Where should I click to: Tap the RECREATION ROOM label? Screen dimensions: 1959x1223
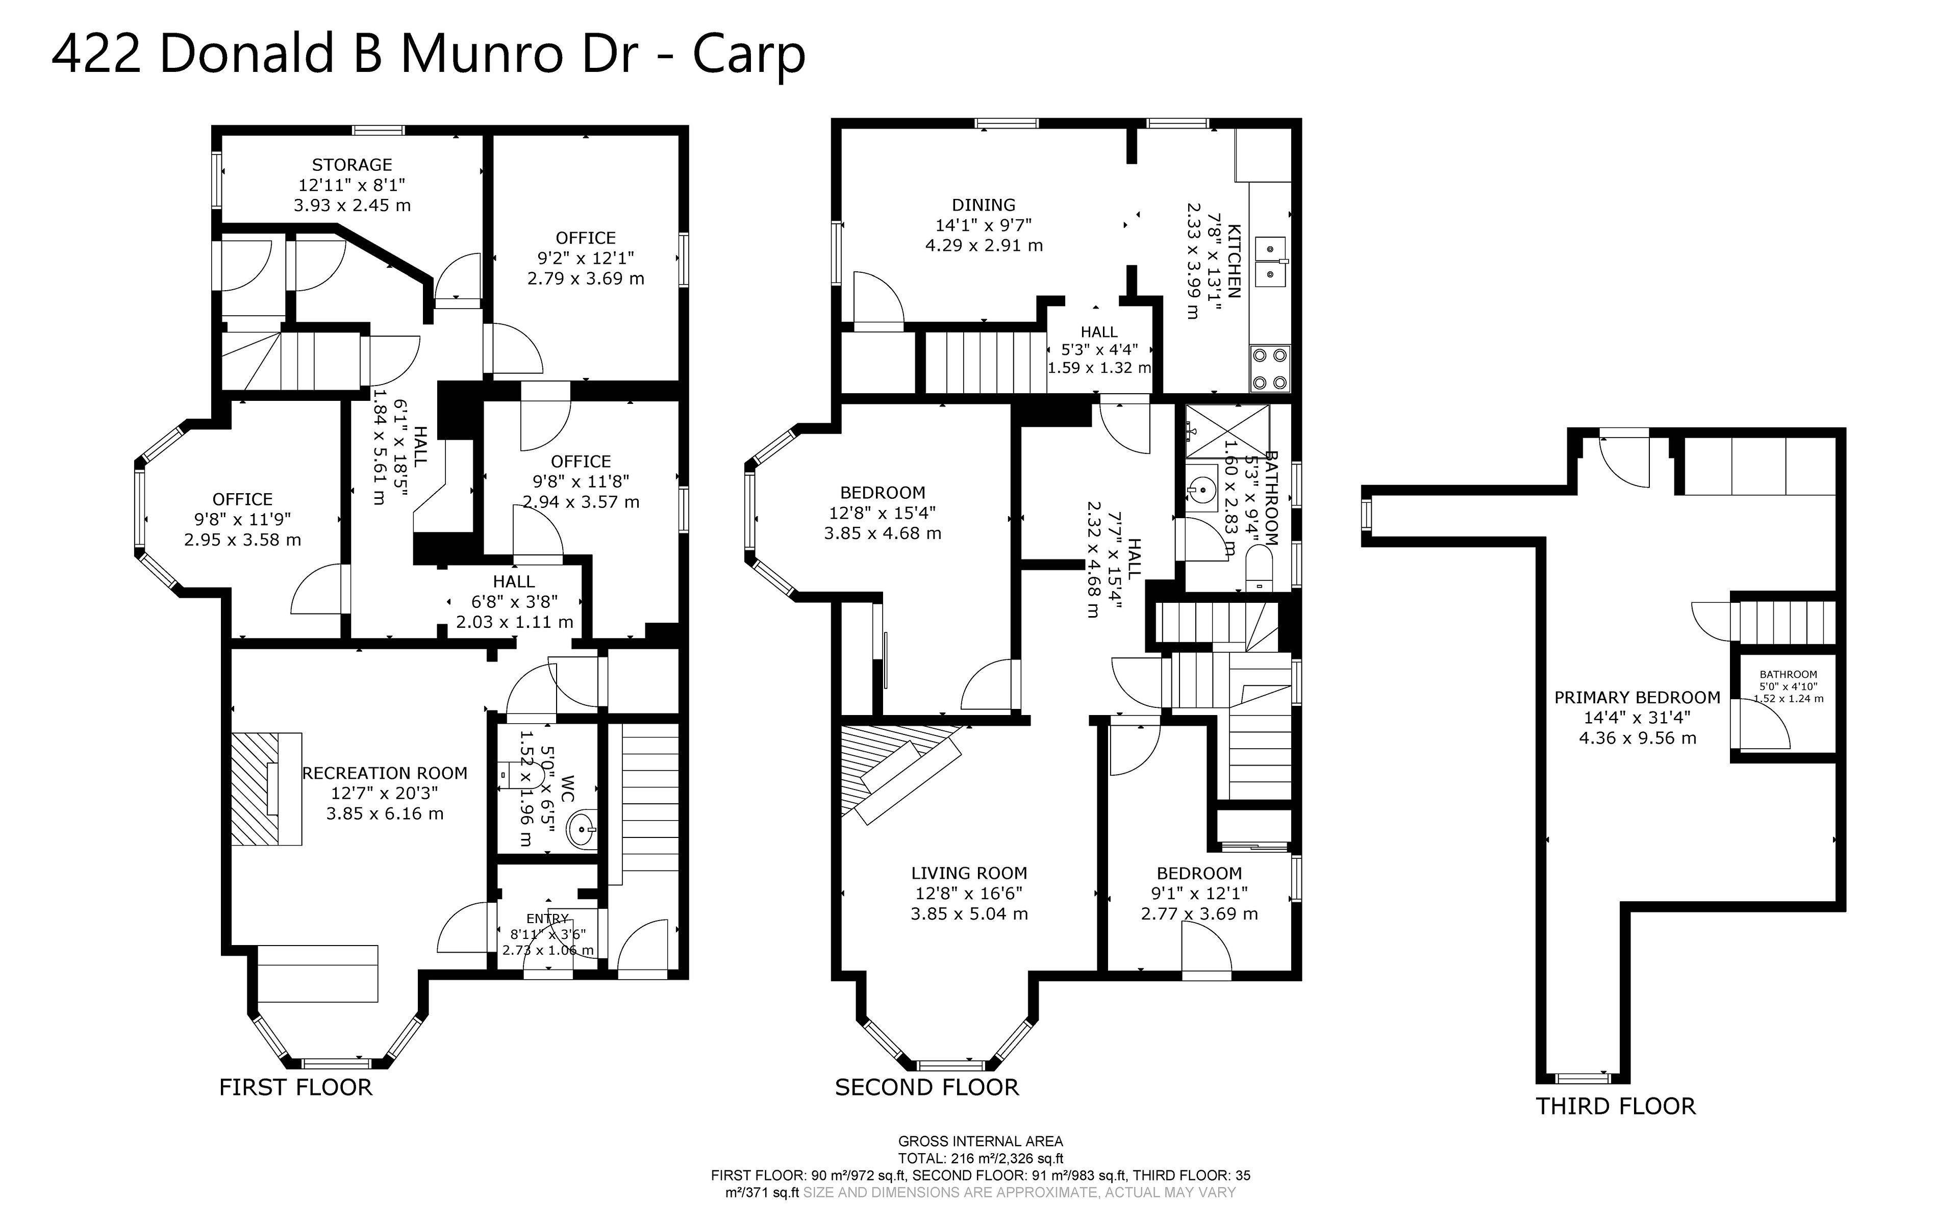[385, 773]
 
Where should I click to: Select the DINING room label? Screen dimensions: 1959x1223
[984, 205]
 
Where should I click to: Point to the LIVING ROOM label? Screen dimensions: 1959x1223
[969, 874]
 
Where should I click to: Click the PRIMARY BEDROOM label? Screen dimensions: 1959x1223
[1637, 697]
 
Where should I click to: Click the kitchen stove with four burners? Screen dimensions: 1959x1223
[1270, 369]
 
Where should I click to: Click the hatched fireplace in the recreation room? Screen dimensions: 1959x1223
[267, 788]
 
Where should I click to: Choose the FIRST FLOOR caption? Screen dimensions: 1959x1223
[296, 1087]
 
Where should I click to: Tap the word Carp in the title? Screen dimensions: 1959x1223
[749, 55]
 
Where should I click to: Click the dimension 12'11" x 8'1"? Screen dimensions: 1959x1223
[352, 185]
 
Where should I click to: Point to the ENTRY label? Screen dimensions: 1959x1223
[547, 919]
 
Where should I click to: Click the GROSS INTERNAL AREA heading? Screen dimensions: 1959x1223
[981, 1141]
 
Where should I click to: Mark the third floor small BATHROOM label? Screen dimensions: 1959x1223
[1788, 675]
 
